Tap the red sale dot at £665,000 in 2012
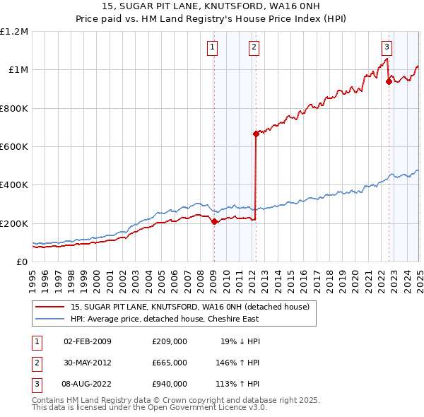click(256, 134)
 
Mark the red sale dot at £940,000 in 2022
click(389, 81)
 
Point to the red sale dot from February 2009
click(213, 221)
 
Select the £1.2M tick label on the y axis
click(14, 32)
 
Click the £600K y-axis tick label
click(13, 147)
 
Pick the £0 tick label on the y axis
click(21, 262)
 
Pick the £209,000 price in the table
click(169, 342)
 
